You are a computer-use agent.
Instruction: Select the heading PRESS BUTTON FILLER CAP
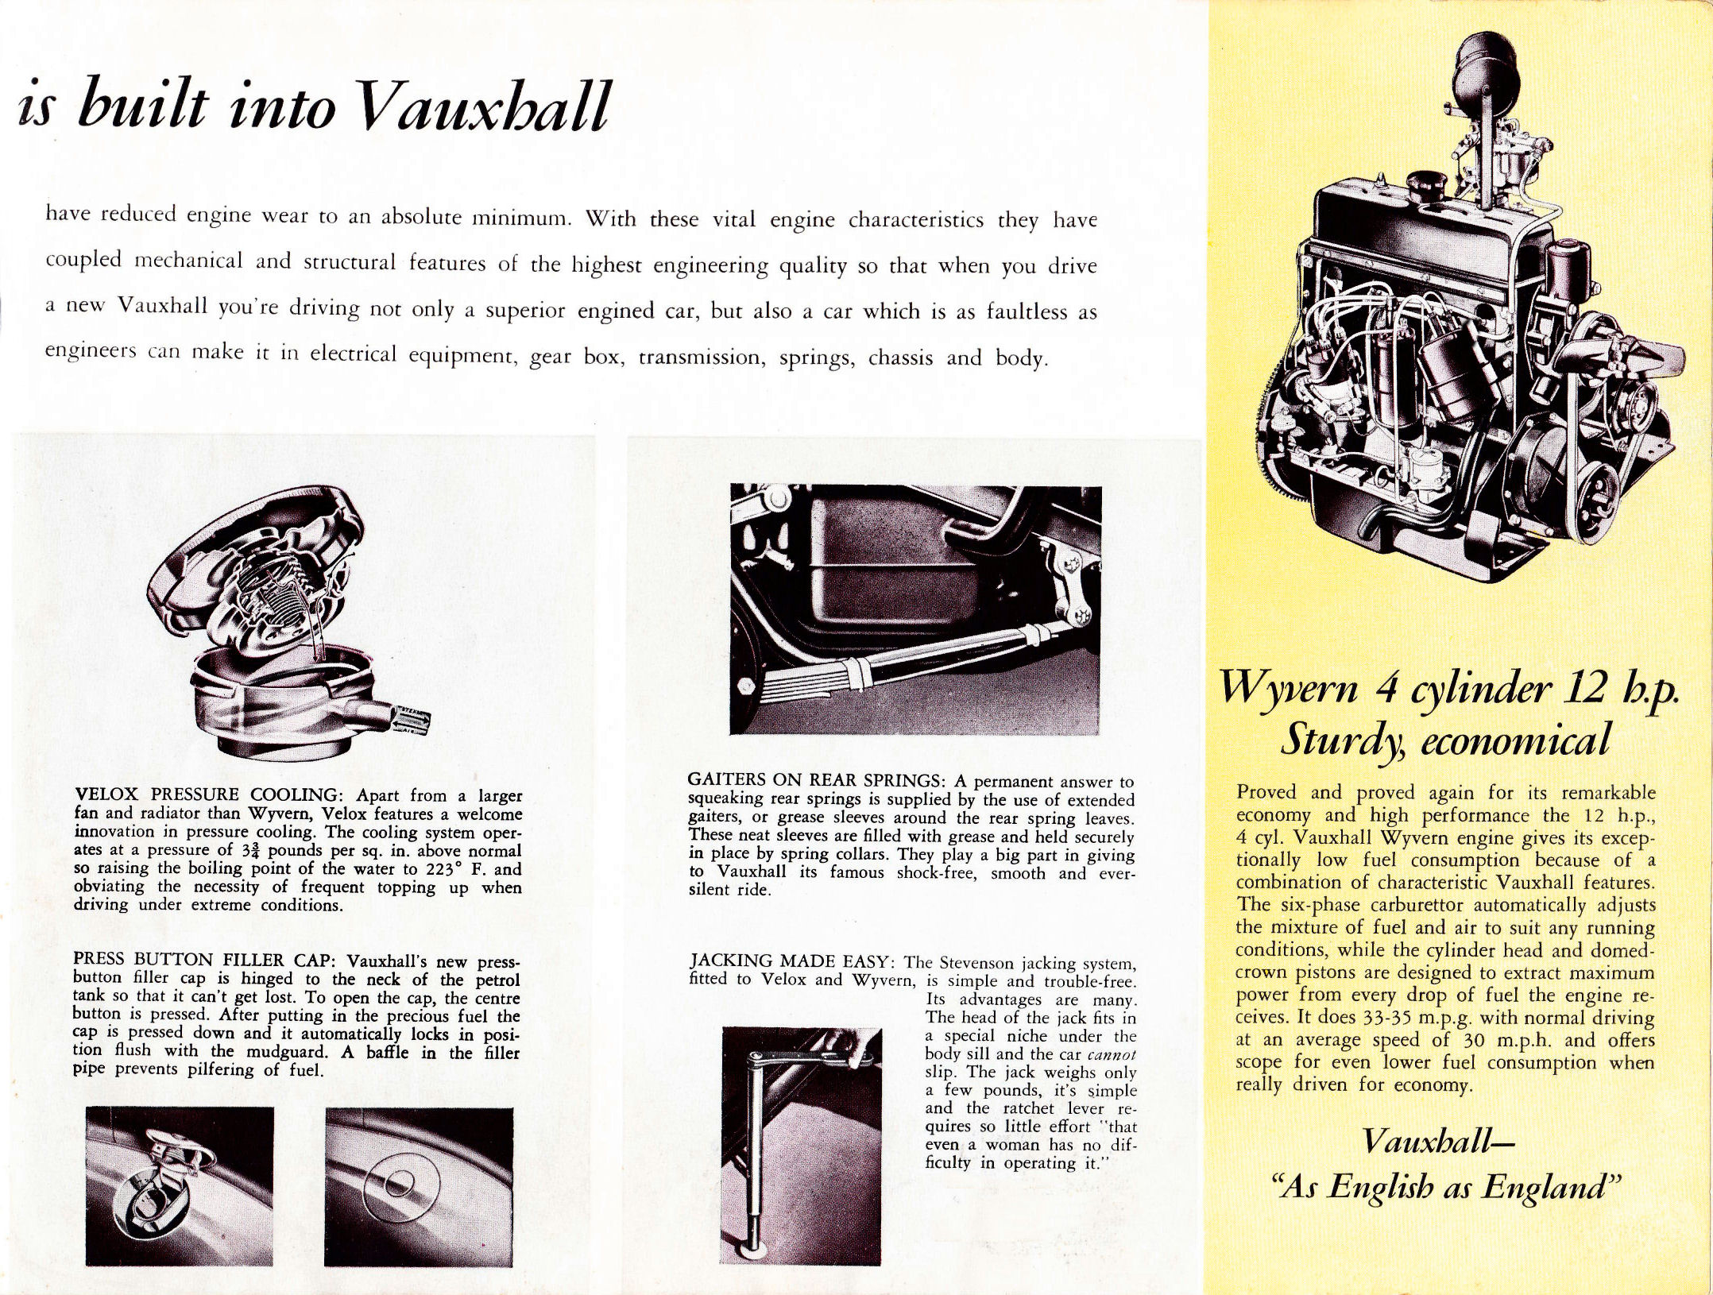click(207, 960)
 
